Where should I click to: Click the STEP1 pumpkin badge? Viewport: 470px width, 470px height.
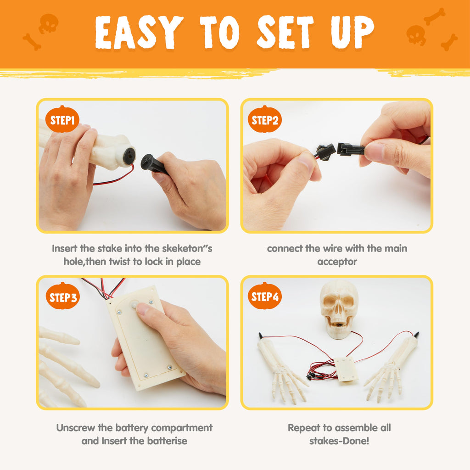62,119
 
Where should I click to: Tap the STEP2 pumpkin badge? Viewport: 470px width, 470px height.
265,119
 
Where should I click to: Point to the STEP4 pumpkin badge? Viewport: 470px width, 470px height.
265,296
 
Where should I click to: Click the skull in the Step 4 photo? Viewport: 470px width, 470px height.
339,310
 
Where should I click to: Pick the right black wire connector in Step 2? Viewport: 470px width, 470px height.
350,149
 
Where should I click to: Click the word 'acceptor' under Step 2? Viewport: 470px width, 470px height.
337,262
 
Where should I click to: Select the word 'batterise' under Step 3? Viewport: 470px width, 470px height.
166,441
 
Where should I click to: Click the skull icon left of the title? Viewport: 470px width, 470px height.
49,23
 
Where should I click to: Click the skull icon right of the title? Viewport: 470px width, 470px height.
416,35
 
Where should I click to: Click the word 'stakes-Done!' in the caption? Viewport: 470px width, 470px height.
339,441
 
